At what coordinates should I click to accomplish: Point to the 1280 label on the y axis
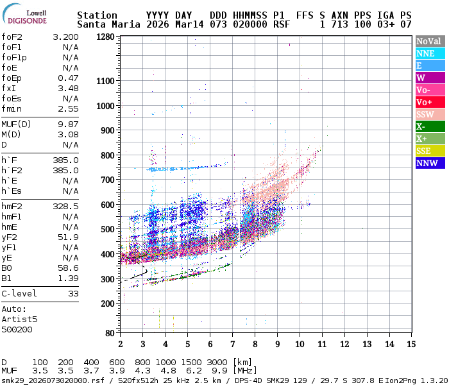(104, 37)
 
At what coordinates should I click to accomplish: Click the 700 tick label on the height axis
(106, 180)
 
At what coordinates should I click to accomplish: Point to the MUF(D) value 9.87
(68, 124)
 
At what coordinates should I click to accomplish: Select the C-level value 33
(73, 293)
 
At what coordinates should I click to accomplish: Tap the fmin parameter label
(12, 109)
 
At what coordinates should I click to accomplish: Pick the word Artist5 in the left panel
(19, 319)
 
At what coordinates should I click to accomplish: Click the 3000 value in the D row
(217, 362)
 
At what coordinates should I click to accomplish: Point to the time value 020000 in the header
(251, 24)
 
